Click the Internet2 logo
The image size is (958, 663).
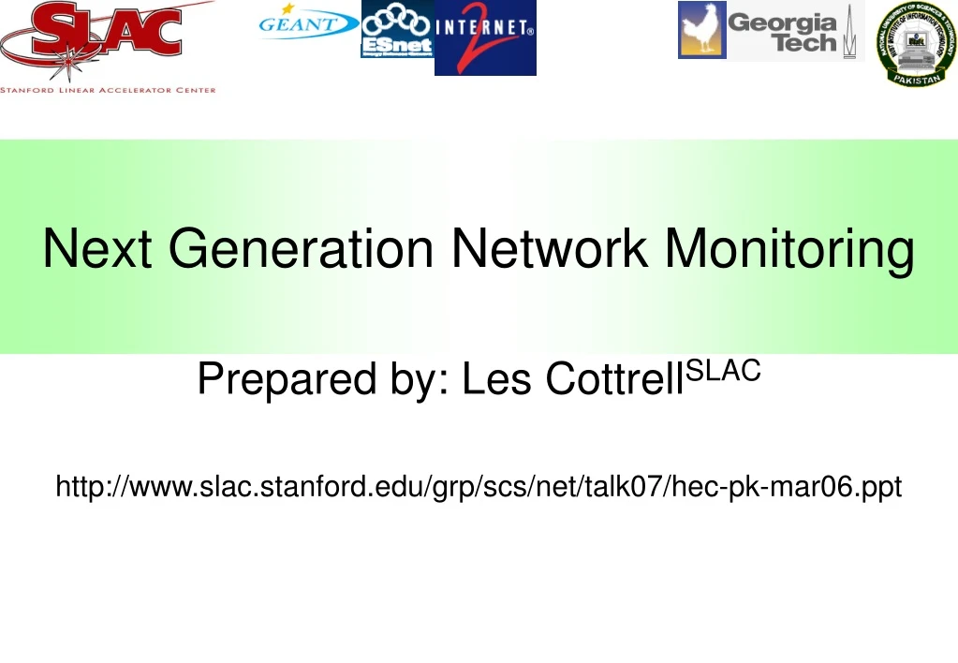(x=485, y=37)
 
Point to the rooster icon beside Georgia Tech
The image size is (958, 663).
(x=701, y=30)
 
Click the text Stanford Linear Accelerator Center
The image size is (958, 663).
(x=108, y=90)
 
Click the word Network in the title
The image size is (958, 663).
(x=549, y=248)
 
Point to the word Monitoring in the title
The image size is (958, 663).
(x=789, y=250)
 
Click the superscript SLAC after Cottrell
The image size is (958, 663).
(x=724, y=371)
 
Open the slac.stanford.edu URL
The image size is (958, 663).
(x=479, y=486)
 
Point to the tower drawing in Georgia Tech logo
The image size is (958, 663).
(x=850, y=32)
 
